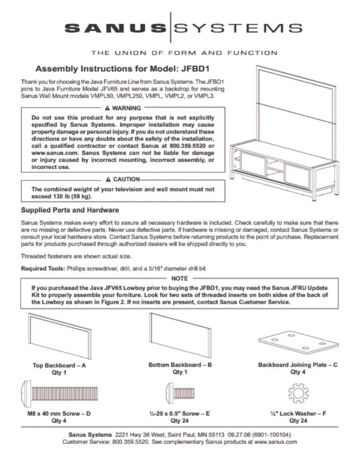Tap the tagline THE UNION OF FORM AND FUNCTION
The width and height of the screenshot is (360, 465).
184,53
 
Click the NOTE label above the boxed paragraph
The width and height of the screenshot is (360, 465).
180,278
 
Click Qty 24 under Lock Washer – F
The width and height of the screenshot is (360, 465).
298,421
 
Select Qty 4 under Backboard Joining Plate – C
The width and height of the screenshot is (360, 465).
298,372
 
